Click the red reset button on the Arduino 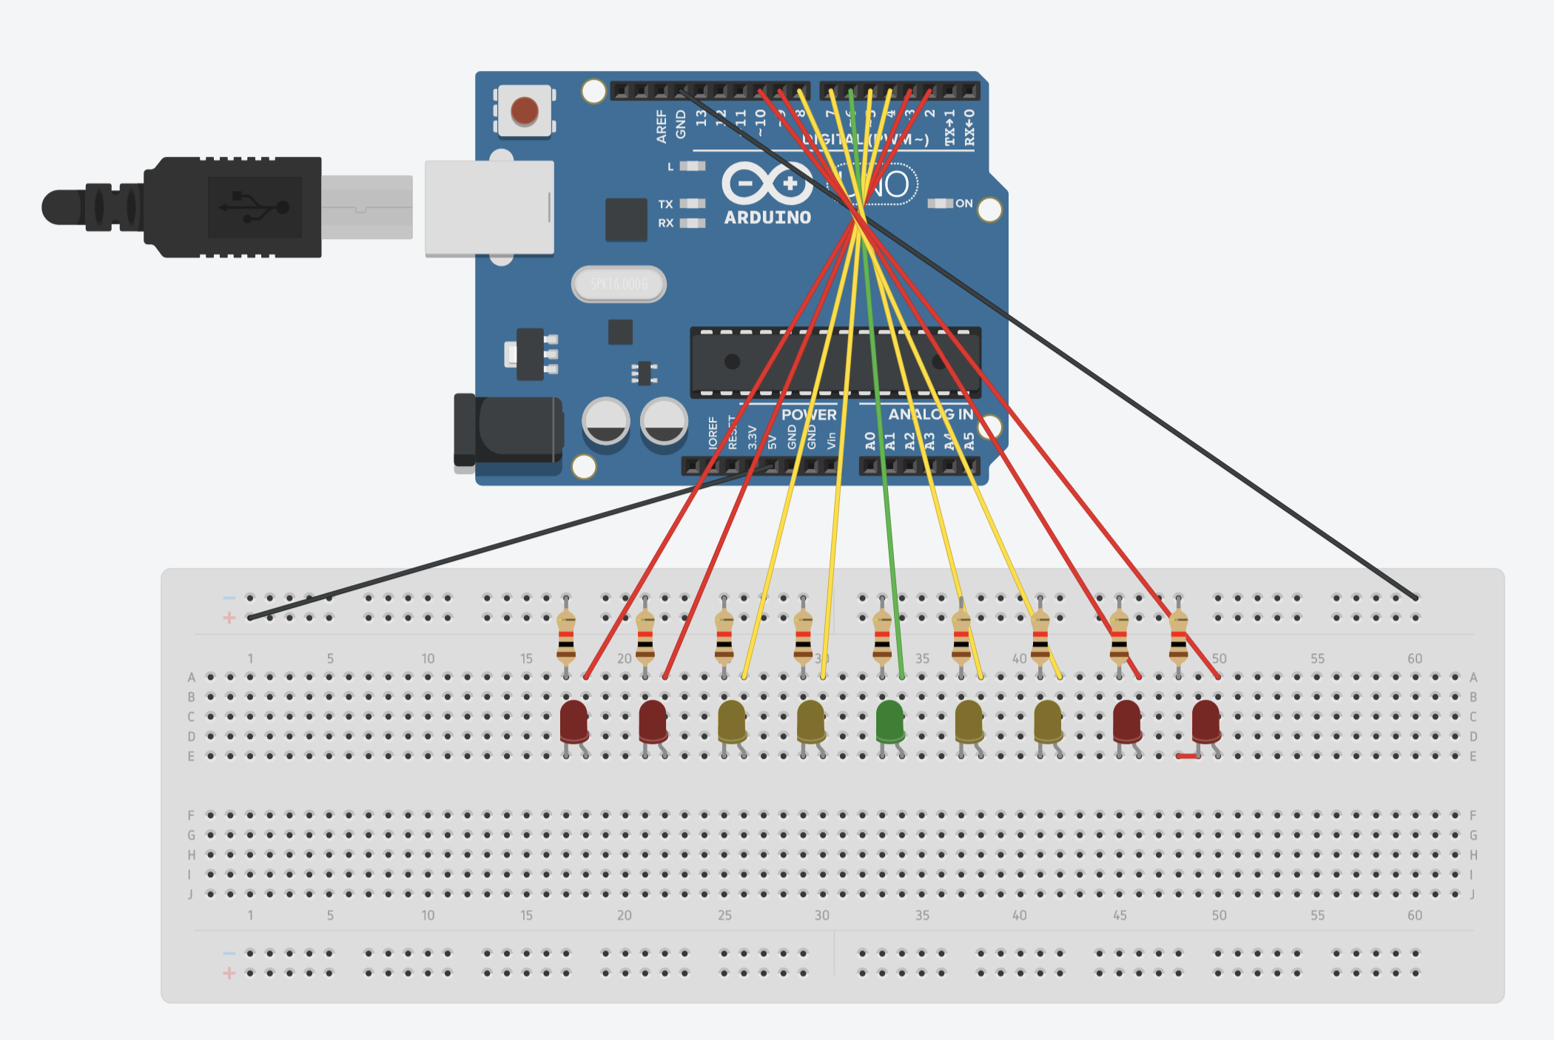pos(525,111)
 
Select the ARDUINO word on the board pos(767,217)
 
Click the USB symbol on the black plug pos(255,207)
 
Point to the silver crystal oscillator pos(619,284)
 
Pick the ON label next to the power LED pos(963,203)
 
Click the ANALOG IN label pos(930,414)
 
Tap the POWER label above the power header pos(809,415)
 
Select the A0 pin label pos(870,442)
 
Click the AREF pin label pos(661,126)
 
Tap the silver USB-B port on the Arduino pos(489,208)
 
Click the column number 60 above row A pos(1414,658)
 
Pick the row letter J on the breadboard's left pos(190,894)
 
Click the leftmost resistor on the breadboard pos(566,637)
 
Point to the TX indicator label pos(665,204)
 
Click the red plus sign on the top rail pos(229,618)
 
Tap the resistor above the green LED pos(882,637)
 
